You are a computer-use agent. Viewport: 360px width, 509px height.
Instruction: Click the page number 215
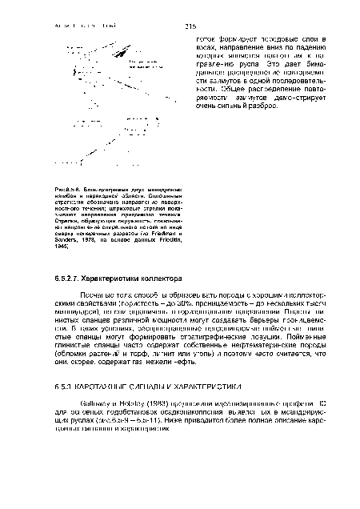coord(190,26)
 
